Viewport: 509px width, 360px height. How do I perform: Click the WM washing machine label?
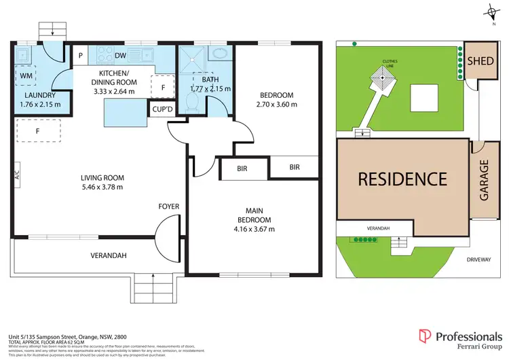point(26,75)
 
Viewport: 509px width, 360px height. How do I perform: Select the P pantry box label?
point(81,56)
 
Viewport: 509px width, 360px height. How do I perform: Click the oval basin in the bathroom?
point(220,54)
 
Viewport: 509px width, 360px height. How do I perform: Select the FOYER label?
point(168,205)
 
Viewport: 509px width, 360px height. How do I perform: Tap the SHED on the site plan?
point(480,61)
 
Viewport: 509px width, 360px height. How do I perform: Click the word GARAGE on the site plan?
point(485,180)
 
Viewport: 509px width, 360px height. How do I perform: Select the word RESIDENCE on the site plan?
point(402,179)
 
